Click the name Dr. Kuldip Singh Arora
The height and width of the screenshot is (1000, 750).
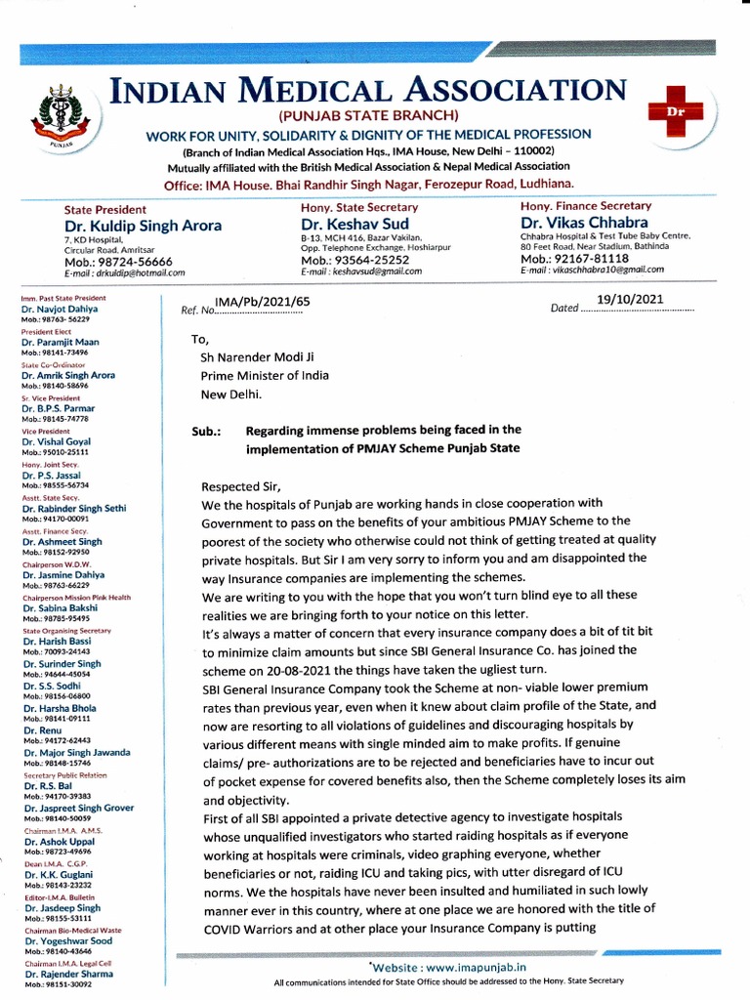[143, 226]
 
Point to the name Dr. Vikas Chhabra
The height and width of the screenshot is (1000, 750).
[584, 224]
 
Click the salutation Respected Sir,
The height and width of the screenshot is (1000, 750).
[240, 486]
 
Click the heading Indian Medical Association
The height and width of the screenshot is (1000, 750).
[368, 91]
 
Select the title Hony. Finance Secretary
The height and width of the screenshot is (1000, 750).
[586, 207]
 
